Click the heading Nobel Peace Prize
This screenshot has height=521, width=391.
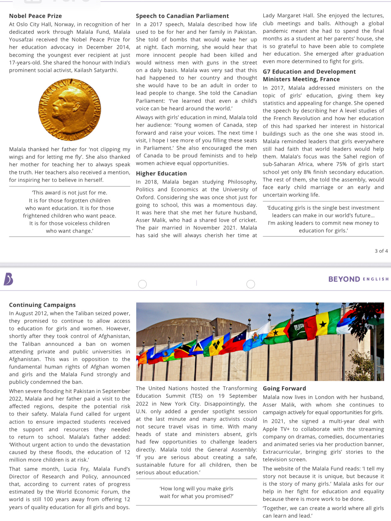(x=35, y=16)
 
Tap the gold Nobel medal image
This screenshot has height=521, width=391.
(x=70, y=110)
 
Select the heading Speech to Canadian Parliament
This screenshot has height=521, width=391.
(x=182, y=16)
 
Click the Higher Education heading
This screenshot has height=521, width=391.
(x=161, y=173)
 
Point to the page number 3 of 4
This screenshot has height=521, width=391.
(x=381, y=251)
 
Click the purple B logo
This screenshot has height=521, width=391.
(x=9, y=279)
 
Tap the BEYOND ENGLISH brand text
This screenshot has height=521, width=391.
(x=358, y=279)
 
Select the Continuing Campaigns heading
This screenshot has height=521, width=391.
(x=42, y=305)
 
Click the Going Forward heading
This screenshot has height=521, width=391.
(x=284, y=388)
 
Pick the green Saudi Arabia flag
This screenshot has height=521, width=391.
(x=299, y=328)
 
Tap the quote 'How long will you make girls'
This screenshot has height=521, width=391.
(x=196, y=489)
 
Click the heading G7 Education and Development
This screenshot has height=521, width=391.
(x=309, y=72)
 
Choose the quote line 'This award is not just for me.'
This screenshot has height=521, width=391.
(x=70, y=193)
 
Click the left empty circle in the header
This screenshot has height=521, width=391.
(x=143, y=284)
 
